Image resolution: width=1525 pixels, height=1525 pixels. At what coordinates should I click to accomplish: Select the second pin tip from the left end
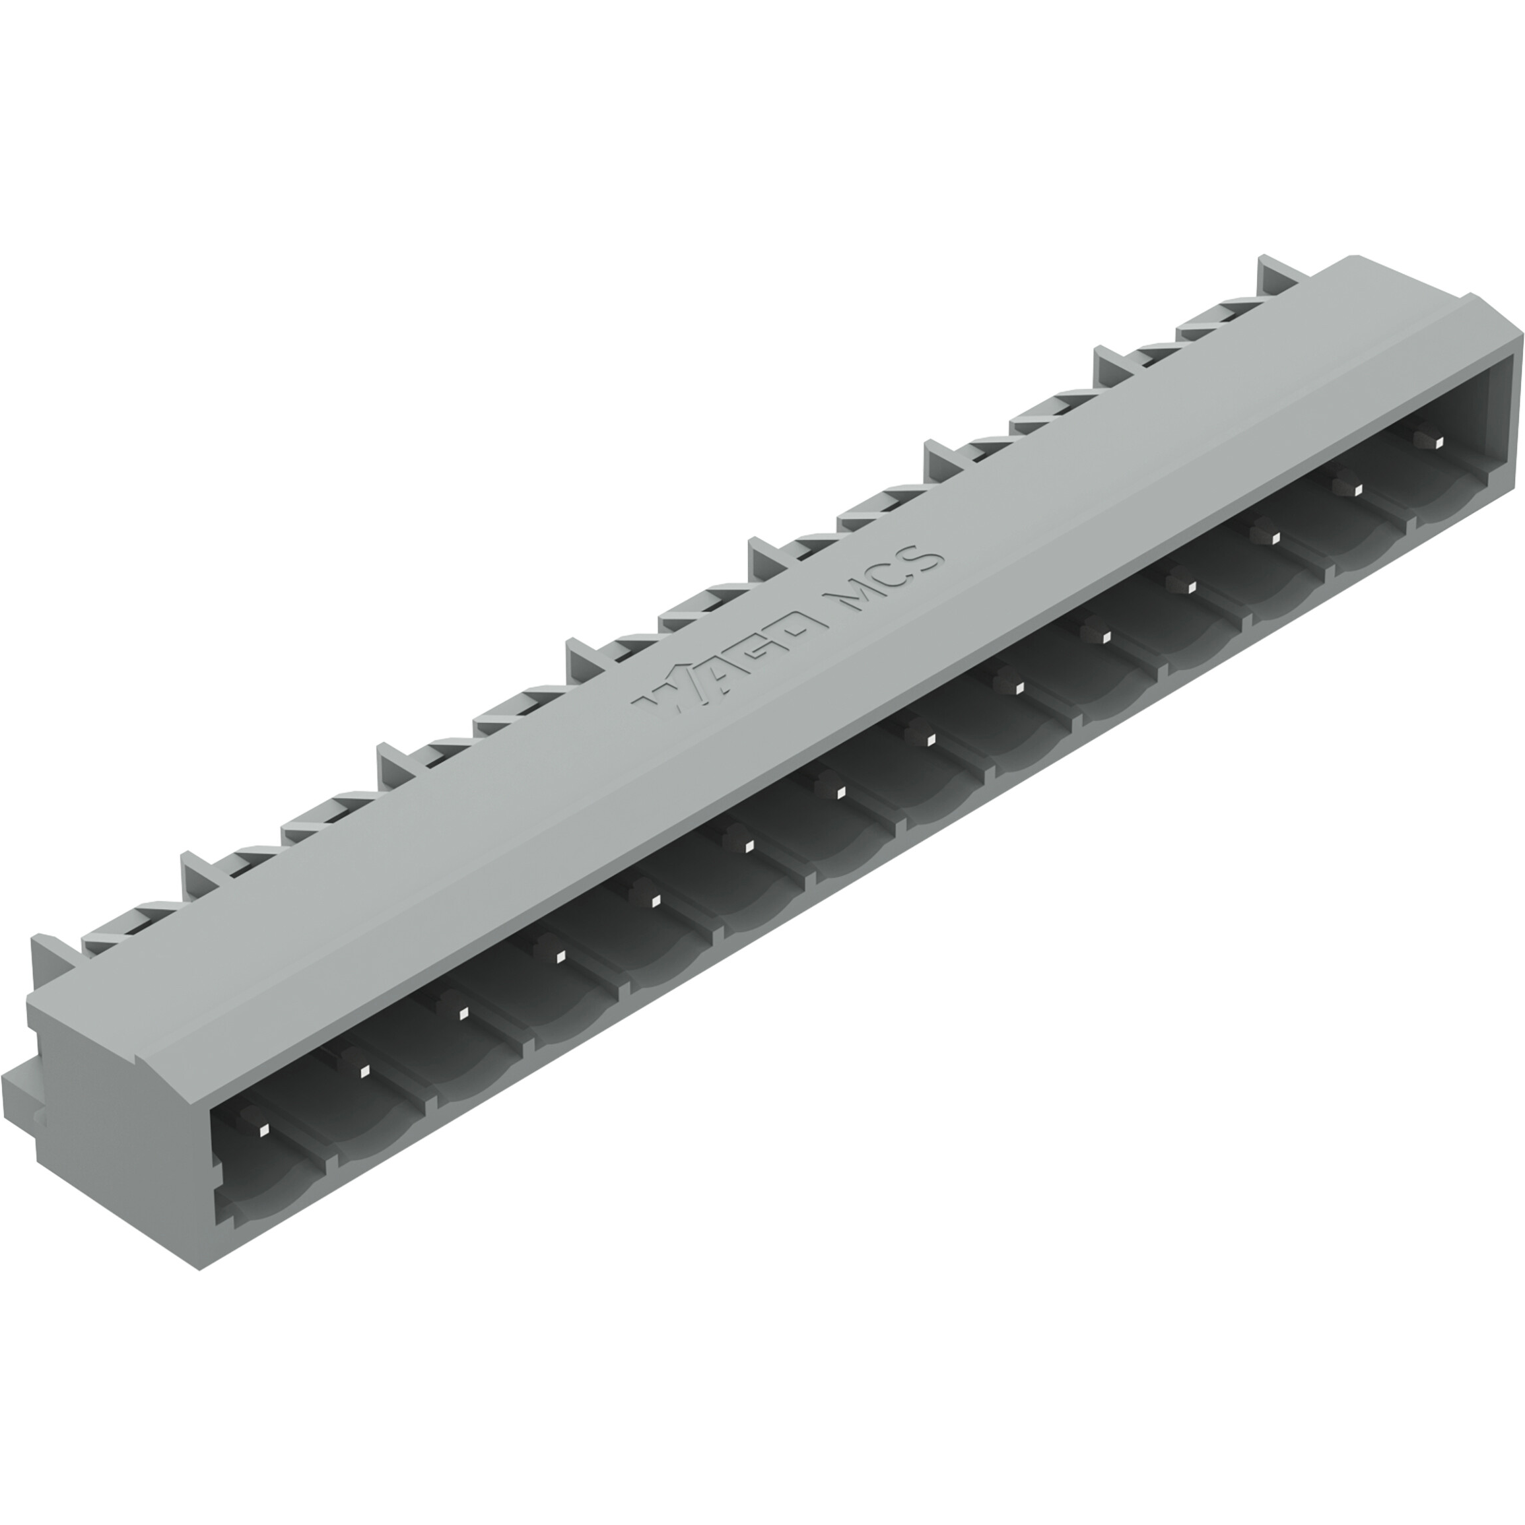pyautogui.click(x=364, y=1071)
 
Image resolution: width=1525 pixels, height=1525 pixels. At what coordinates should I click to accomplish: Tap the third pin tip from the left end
pyautogui.click(x=463, y=1014)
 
